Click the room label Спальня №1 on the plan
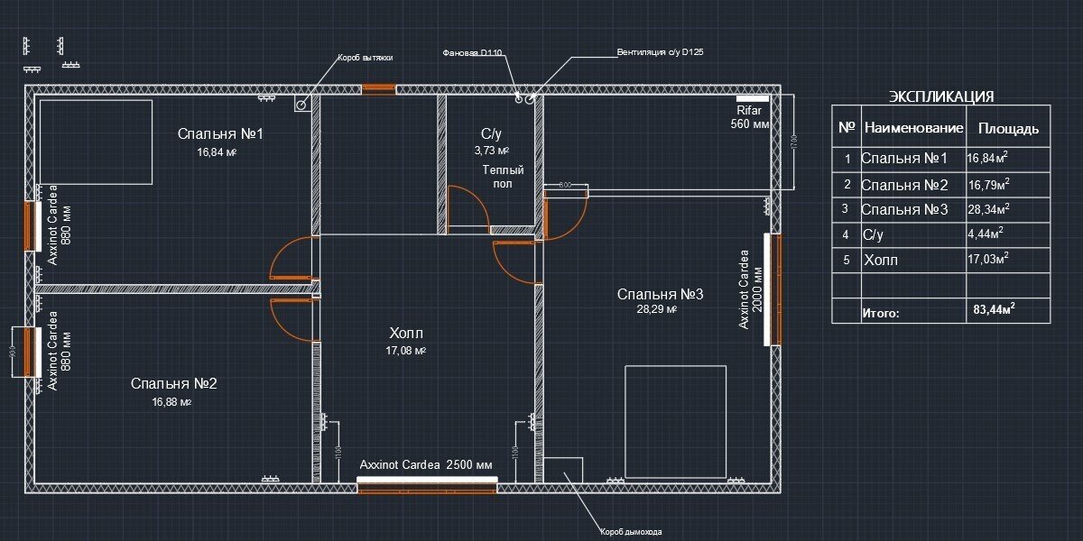pyautogui.click(x=219, y=134)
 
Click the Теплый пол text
pyautogui.click(x=503, y=176)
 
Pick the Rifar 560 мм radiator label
pyautogui.click(x=750, y=117)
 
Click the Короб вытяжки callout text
pyautogui.click(x=365, y=57)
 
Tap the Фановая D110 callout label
pyautogui.click(x=472, y=53)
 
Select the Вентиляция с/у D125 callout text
pyautogui.click(x=660, y=52)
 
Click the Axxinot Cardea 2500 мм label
pyautogui.click(x=426, y=465)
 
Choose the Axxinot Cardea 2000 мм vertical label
pyautogui.click(x=751, y=289)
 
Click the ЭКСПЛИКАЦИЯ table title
pyautogui.click(x=941, y=96)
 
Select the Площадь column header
pyautogui.click(x=1008, y=128)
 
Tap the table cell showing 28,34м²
pyautogui.click(x=987, y=209)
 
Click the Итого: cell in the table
pyautogui.click(x=881, y=314)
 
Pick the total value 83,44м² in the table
pyautogui.click(x=995, y=309)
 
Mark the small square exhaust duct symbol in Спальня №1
pyautogui.click(x=301, y=104)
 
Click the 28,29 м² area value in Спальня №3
pyautogui.click(x=657, y=309)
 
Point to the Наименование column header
pyautogui.click(x=913, y=128)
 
